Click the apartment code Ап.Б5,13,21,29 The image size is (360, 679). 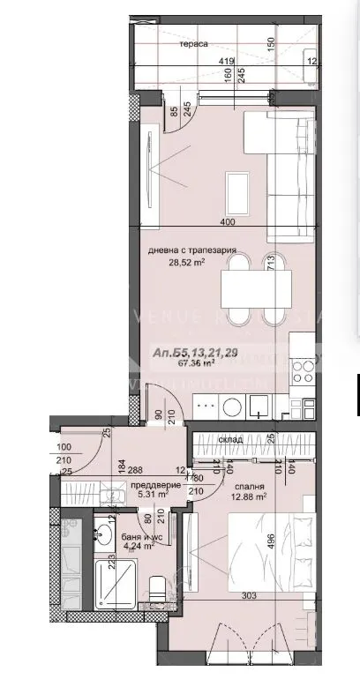tap(195, 351)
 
